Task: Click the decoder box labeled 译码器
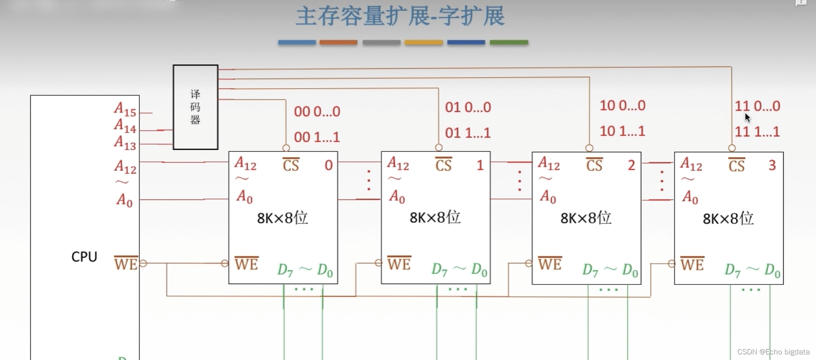tap(195, 107)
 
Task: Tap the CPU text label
tap(84, 257)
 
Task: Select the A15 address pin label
tap(125, 110)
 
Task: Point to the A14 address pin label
tap(125, 126)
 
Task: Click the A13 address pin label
tap(125, 142)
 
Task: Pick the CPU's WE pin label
tap(126, 264)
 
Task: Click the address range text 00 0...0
tap(317, 112)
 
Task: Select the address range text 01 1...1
tap(468, 133)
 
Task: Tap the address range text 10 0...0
tap(622, 106)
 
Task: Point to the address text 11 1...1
tap(757, 132)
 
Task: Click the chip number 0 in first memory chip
tap(329, 165)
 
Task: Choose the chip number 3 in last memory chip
tap(772, 165)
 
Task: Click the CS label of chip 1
tap(443, 165)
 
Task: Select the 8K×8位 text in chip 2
tap(586, 218)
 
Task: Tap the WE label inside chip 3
tap(692, 264)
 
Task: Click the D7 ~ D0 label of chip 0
tap(305, 270)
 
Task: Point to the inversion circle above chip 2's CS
tap(589, 148)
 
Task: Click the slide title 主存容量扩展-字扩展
tap(400, 16)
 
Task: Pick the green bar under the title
tap(509, 42)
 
